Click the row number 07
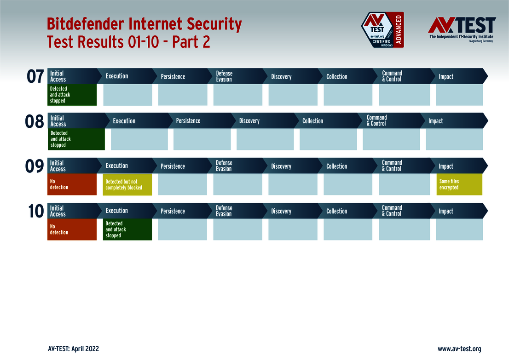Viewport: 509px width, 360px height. pyautogui.click(x=35, y=77)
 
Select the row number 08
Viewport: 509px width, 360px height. pyautogui.click(x=35, y=122)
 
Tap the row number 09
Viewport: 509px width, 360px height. pyautogui.click(x=35, y=166)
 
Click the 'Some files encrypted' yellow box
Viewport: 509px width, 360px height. pyautogui.click(x=459, y=184)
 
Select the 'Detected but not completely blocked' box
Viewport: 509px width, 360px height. pyautogui.click(x=127, y=184)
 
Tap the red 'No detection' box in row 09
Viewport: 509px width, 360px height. pyautogui.click(x=72, y=184)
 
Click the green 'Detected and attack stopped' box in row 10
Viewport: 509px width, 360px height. pyautogui.click(x=127, y=229)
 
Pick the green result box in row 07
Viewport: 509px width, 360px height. pyautogui.click(x=72, y=95)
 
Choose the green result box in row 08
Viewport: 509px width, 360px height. pyautogui.click(x=76, y=139)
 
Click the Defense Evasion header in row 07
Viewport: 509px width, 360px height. pyautogui.click(x=224, y=76)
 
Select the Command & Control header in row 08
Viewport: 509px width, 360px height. pyautogui.click(x=377, y=120)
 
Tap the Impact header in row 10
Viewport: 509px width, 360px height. pyautogui.click(x=446, y=211)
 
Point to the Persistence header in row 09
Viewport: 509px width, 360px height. pyautogui.click(x=173, y=166)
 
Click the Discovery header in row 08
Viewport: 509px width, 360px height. pyautogui.click(x=249, y=121)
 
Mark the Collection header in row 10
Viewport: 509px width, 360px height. pyautogui.click(x=337, y=211)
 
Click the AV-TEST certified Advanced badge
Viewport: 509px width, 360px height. pyautogui.click(x=382, y=30)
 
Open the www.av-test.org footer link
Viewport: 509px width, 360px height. pyautogui.click(x=459, y=349)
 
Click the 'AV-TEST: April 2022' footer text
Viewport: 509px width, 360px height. pyautogui.click(x=73, y=349)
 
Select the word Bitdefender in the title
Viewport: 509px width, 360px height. pyautogui.click(x=86, y=24)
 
